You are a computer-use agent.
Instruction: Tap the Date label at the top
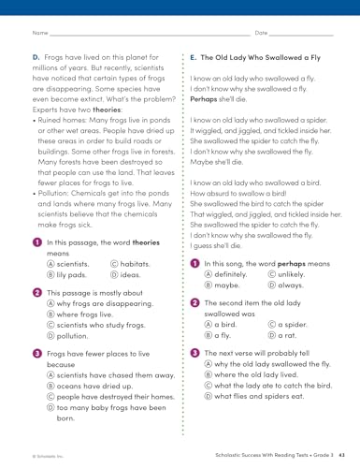[261, 34]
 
